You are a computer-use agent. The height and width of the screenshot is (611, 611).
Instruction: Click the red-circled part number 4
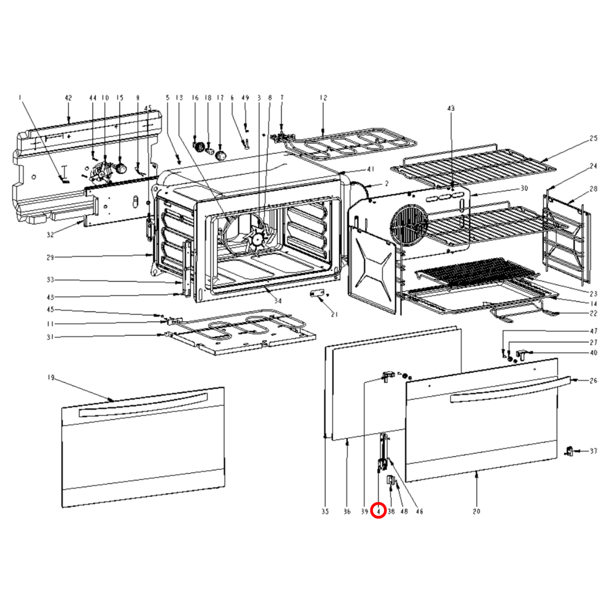tap(378, 511)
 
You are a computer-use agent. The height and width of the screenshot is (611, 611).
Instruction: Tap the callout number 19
tap(51, 377)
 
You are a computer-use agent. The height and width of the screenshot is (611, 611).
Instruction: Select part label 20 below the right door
tap(477, 511)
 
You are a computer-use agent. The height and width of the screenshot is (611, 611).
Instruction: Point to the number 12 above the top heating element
tap(323, 98)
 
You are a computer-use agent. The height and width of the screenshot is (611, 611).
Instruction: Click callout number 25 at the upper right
tap(593, 138)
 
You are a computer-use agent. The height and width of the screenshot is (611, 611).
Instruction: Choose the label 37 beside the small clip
tap(594, 451)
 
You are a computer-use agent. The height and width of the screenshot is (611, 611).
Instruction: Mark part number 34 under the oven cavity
tap(278, 301)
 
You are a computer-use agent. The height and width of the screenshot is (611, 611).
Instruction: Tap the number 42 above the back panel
tap(68, 98)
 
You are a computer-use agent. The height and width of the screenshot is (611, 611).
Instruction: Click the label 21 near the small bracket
tap(334, 314)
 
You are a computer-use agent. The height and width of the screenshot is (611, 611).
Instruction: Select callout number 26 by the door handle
tap(593, 381)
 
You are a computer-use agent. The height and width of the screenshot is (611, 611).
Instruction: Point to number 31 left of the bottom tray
tap(50, 337)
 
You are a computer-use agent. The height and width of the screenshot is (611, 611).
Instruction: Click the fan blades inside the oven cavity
tap(256, 239)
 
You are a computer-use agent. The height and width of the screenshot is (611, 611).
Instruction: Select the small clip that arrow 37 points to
tap(569, 451)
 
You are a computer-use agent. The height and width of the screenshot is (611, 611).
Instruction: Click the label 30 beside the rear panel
tap(524, 188)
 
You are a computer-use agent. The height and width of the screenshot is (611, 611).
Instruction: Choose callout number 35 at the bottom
tap(325, 511)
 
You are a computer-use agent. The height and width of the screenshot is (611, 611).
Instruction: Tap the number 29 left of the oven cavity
tap(50, 257)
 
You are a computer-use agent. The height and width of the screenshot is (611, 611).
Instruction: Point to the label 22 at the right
tap(593, 313)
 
